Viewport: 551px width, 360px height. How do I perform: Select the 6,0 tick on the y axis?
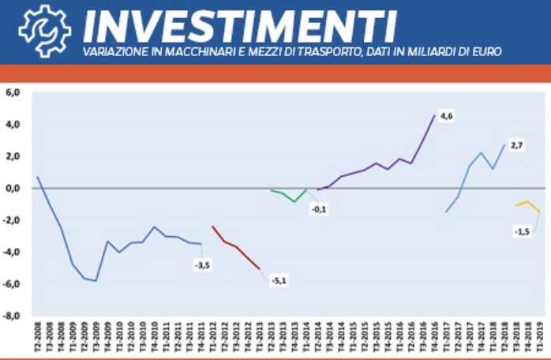[13, 92]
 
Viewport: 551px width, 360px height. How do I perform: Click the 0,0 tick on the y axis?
[13, 189]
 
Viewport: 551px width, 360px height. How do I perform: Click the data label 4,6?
[446, 117]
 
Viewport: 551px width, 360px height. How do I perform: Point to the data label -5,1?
[278, 280]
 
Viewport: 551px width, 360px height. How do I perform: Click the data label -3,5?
[202, 264]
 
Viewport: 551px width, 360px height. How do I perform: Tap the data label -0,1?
[320, 210]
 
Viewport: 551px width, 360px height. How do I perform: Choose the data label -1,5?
[521, 232]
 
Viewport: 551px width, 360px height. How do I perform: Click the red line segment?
[236, 247]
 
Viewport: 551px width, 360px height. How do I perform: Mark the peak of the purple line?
[434, 116]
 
